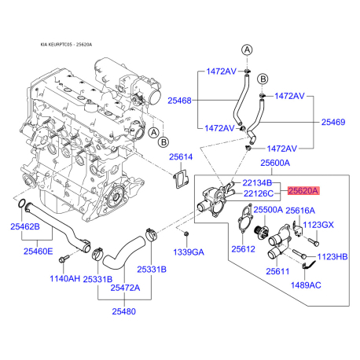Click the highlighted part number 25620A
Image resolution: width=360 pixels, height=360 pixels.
pos(303,190)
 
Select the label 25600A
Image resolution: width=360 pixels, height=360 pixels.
pos(275,163)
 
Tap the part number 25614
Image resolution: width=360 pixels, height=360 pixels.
pos(181,157)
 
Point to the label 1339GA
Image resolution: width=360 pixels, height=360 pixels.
pos(189,252)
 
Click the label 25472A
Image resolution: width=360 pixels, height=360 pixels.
pos(125,288)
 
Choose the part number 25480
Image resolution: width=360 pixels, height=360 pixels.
pos(124,311)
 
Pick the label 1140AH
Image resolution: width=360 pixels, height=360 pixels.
pos(64,278)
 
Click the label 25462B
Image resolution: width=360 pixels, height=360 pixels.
pos(25,226)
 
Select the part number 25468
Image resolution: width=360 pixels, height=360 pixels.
pos(179,101)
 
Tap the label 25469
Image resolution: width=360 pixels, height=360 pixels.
pos(333,122)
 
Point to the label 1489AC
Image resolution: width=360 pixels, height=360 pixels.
pos(306,285)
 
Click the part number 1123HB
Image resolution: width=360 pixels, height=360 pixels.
pos(332,257)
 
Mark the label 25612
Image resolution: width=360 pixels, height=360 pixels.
pos(243,249)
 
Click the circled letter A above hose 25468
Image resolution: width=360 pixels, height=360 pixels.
pos(247,50)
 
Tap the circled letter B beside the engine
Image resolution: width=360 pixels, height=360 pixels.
pos(163,142)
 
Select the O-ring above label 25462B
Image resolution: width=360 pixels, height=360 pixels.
pos(22,203)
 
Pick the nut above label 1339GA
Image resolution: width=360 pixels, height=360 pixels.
pos(186,233)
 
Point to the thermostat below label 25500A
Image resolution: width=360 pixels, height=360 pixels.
pos(261,231)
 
